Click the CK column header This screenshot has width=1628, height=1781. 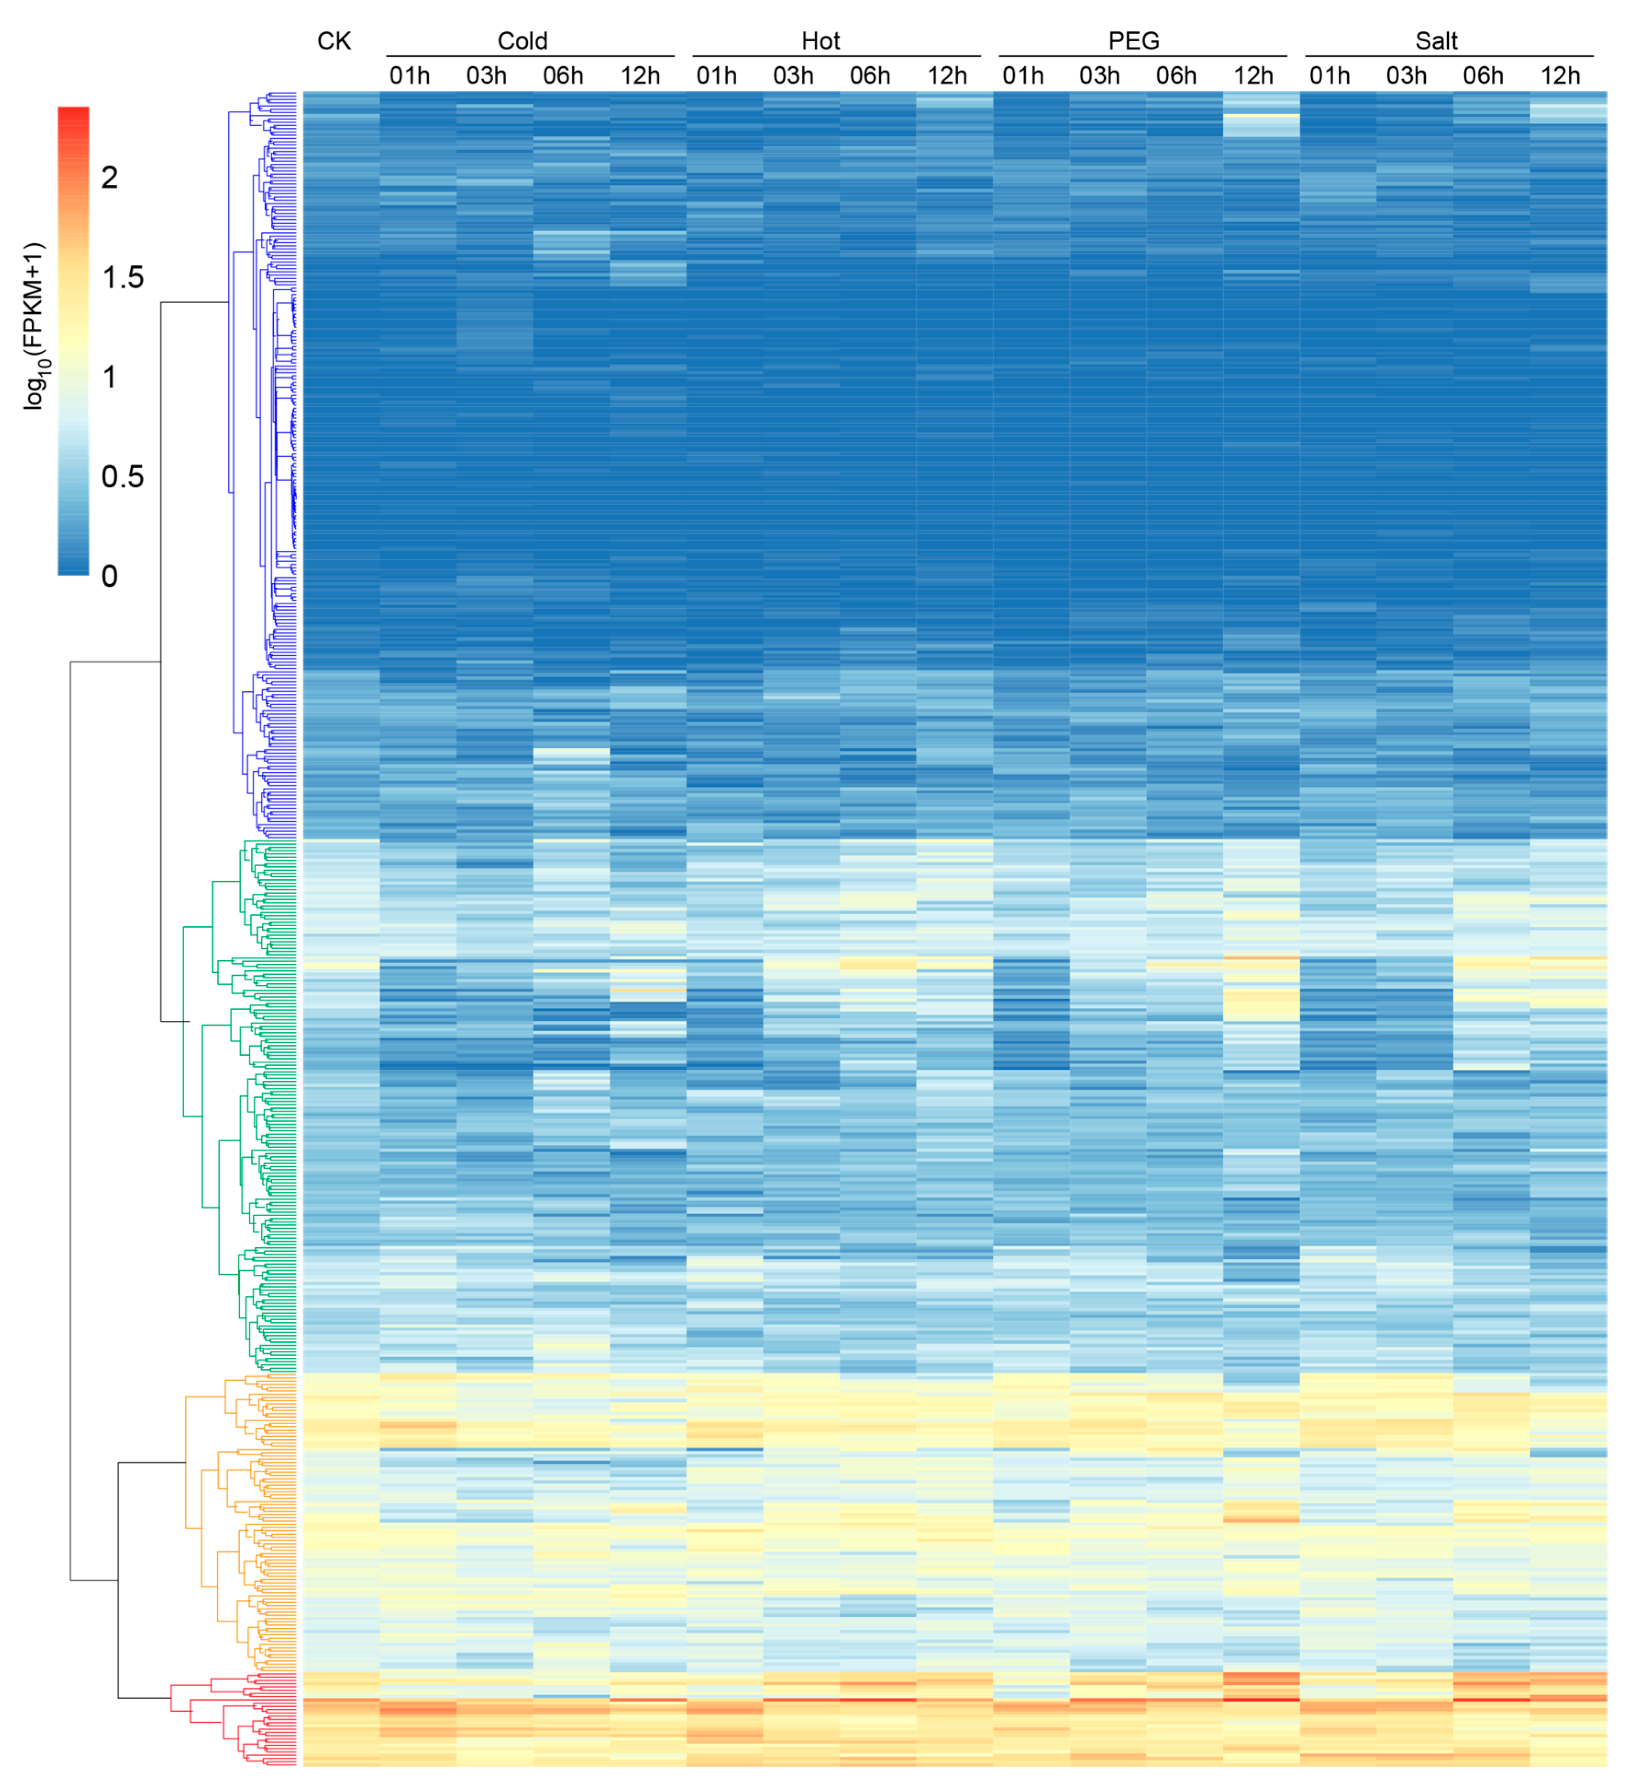[334, 41]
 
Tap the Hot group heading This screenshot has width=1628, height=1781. [821, 41]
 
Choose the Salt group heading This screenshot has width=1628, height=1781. [1436, 41]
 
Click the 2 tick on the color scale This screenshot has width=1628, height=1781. [110, 177]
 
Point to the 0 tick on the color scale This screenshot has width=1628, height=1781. [110, 576]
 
